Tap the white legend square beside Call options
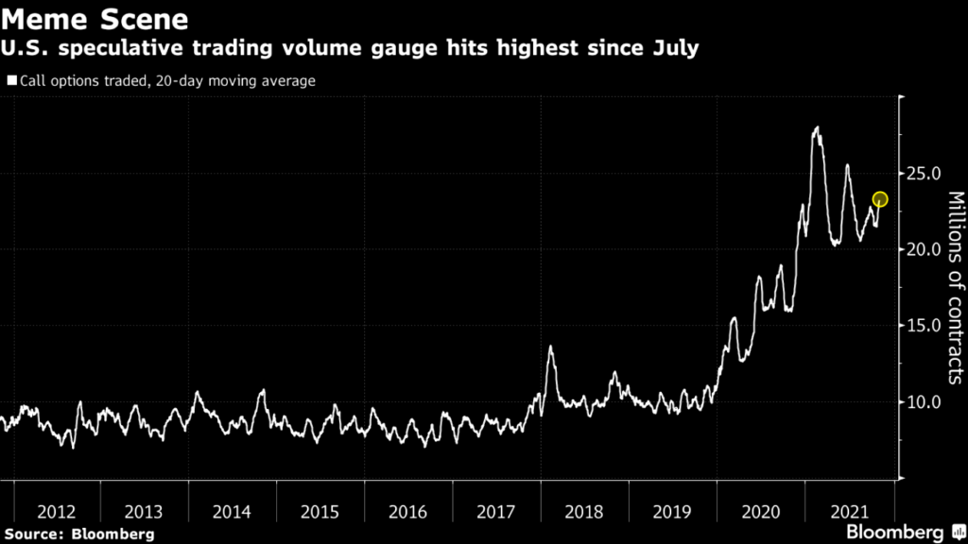click(x=11, y=81)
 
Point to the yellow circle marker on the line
click(x=880, y=199)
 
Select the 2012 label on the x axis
click(x=56, y=512)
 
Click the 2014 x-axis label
click(x=232, y=512)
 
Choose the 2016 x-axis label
click(x=407, y=512)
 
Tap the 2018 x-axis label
click(x=584, y=512)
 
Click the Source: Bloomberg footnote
click(x=77, y=534)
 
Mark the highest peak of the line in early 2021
click(x=816, y=127)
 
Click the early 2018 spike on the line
click(x=550, y=348)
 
